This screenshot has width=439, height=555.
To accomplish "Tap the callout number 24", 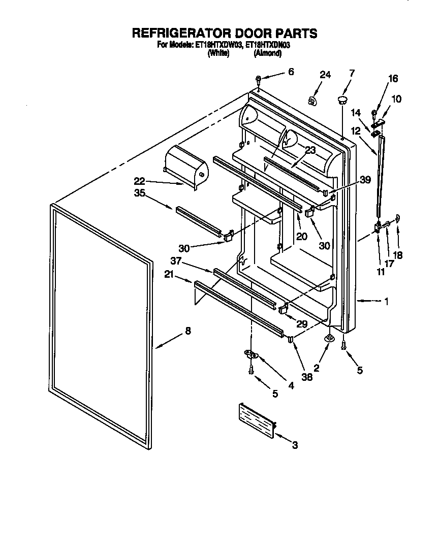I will coord(325,75).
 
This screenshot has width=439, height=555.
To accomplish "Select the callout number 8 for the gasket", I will coord(188,331).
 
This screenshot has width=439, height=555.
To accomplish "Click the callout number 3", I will coord(295,446).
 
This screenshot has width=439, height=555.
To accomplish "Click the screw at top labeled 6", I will coord(259,79).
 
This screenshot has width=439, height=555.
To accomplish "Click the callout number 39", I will coord(365,179).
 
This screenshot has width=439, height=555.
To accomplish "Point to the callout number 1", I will coord(387,302).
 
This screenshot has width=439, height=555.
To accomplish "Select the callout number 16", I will coord(393,79).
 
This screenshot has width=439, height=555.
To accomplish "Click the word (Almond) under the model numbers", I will coord(267,53).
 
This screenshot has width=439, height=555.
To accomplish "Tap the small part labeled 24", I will coord(313,100).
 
